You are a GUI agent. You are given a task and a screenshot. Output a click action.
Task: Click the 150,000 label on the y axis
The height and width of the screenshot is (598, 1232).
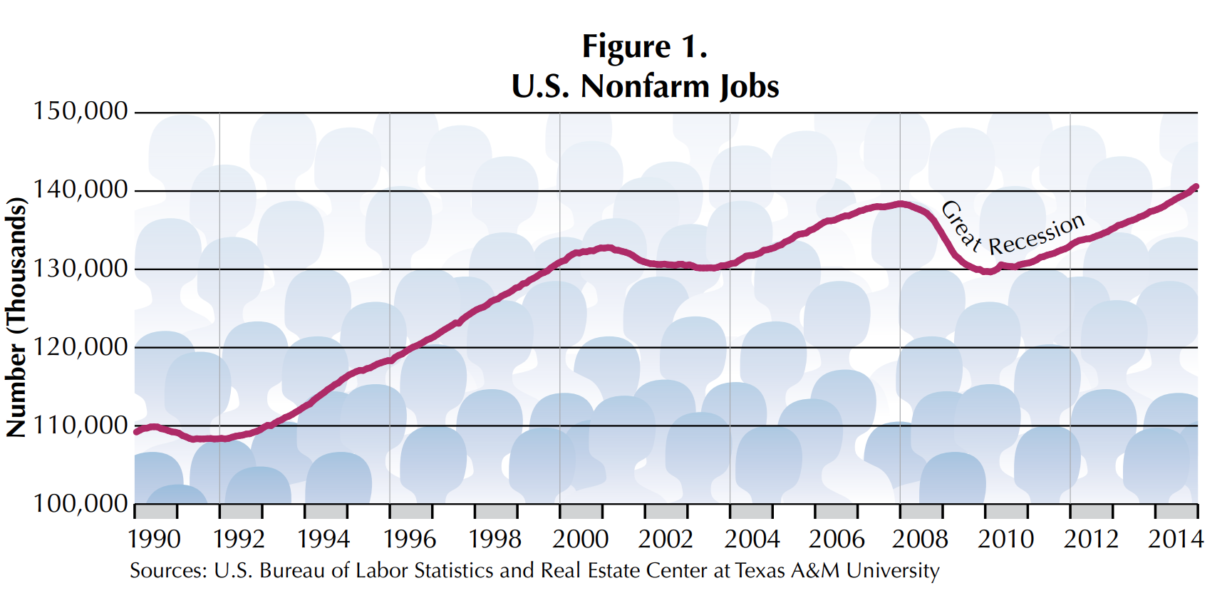pyautogui.click(x=80, y=111)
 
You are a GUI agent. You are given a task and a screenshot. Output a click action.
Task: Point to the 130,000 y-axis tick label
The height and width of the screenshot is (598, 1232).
pyautogui.click(x=80, y=269)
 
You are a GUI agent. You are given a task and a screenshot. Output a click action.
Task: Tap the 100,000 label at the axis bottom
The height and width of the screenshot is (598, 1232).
pyautogui.click(x=80, y=504)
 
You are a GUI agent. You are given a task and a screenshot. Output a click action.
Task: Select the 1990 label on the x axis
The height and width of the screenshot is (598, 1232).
pyautogui.click(x=154, y=539)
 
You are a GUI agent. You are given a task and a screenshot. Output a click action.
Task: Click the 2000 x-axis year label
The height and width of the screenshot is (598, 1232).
pyautogui.click(x=580, y=539)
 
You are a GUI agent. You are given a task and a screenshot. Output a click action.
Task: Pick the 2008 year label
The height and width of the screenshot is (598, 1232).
pyautogui.click(x=920, y=539)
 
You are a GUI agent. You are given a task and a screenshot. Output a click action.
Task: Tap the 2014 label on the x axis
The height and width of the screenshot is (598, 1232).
pyautogui.click(x=1175, y=539)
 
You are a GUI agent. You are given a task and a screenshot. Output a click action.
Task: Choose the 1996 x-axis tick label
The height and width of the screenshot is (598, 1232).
pyautogui.click(x=410, y=539)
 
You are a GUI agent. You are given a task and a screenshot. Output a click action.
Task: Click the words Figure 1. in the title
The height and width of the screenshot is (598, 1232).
pyautogui.click(x=644, y=47)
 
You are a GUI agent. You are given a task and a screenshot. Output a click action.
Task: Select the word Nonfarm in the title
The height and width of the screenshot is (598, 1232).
pyautogui.click(x=645, y=86)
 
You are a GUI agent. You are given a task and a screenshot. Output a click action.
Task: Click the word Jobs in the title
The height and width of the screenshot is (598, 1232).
pyautogui.click(x=749, y=86)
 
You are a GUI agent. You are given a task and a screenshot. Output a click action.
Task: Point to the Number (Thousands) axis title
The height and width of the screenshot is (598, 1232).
pyautogui.click(x=16, y=316)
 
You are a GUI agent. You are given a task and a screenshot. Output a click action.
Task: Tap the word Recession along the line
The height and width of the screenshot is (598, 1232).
pyautogui.click(x=1037, y=234)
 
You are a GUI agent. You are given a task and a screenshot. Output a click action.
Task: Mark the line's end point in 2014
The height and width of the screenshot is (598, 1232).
pyautogui.click(x=1196, y=187)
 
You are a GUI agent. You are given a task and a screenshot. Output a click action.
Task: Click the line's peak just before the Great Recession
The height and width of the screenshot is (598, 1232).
pyautogui.click(x=901, y=204)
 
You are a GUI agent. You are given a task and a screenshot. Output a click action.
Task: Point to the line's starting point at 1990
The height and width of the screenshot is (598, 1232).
pyautogui.click(x=136, y=431)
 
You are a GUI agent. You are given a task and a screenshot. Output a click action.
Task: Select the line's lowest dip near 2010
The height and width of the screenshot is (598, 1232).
pyautogui.click(x=988, y=272)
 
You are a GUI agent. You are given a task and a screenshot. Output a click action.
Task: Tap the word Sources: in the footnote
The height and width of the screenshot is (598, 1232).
pyautogui.click(x=168, y=571)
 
